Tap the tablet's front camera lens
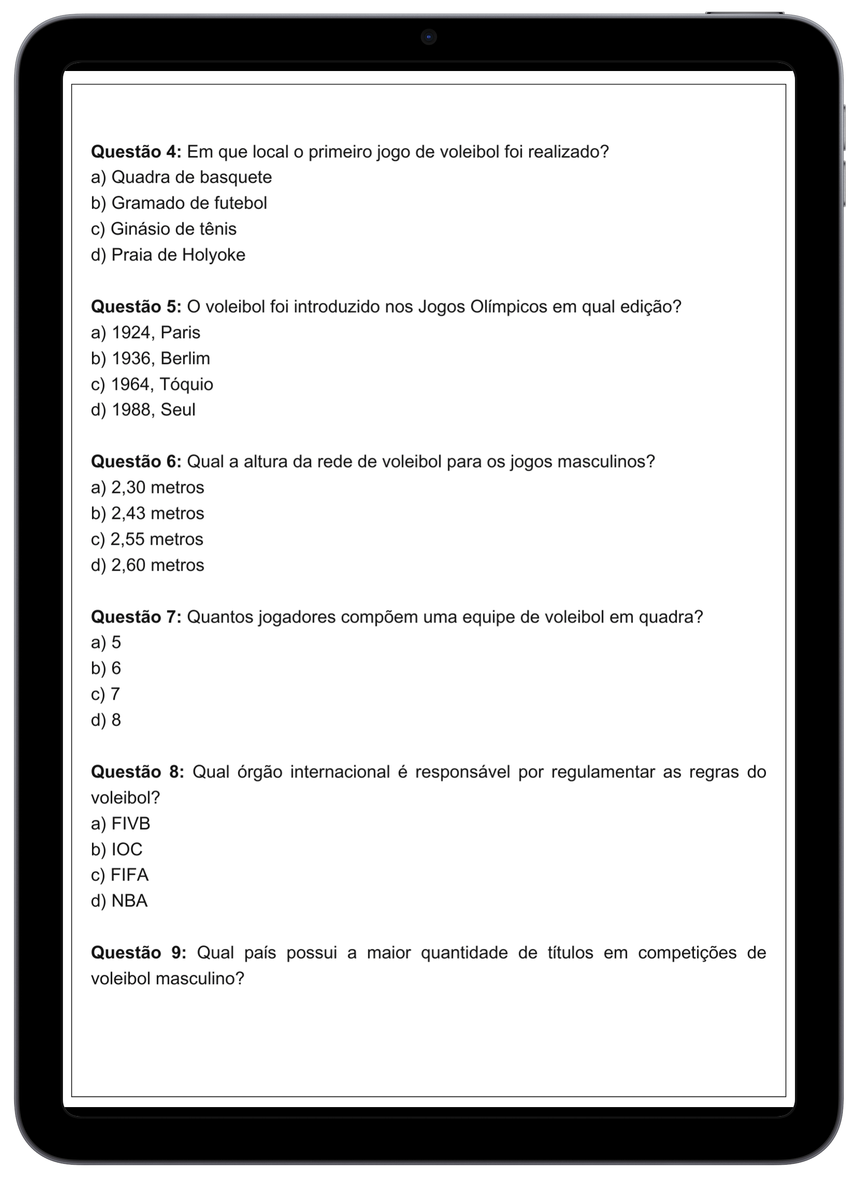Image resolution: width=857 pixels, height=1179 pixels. point(429,37)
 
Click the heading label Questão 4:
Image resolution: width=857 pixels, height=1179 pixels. point(136,152)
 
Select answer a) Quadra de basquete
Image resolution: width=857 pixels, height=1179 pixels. point(181,177)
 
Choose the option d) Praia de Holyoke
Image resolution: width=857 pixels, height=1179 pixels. point(168,255)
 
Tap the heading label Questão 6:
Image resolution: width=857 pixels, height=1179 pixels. point(136,461)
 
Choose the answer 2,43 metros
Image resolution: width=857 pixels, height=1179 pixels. point(148,513)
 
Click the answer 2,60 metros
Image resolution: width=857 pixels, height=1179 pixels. point(148,564)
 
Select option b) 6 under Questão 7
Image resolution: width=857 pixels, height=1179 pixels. point(106,668)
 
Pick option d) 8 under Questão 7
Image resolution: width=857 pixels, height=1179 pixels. point(106,719)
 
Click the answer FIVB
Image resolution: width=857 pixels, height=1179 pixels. point(121,824)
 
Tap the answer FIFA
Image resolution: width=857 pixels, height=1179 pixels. point(120,875)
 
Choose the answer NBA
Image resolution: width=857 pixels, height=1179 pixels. point(119,901)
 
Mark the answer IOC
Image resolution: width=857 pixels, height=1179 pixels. point(117,849)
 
